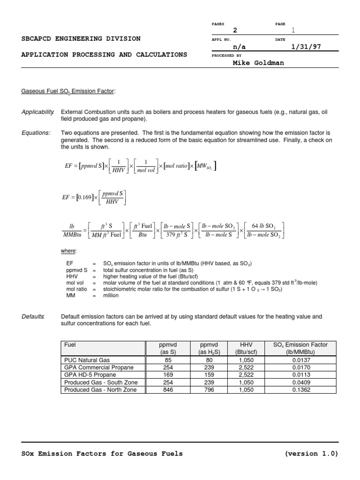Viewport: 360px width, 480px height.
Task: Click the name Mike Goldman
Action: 258,63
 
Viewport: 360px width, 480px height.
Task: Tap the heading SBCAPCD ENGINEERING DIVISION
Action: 81,38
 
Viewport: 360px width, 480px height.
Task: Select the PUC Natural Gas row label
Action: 87,360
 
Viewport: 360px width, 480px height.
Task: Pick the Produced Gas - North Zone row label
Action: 100,390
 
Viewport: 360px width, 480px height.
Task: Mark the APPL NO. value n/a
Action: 239,47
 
